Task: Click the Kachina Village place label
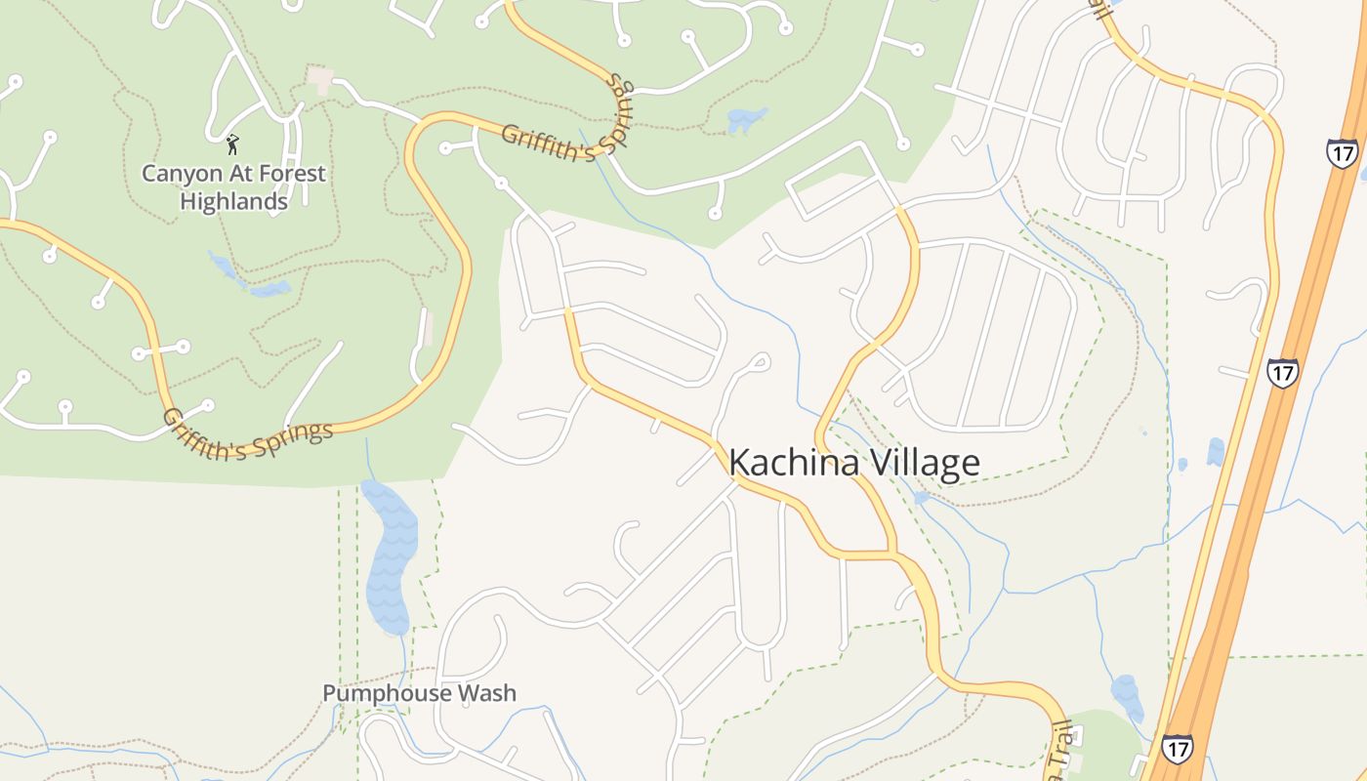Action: click(x=853, y=462)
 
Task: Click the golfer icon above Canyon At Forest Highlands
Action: click(x=232, y=144)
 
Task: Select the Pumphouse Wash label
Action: click(x=420, y=693)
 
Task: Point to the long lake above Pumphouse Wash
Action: click(x=391, y=556)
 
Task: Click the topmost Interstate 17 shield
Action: click(x=1341, y=153)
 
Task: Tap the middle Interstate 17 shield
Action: click(x=1282, y=372)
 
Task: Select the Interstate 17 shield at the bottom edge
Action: click(x=1177, y=749)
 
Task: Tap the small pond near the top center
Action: click(x=747, y=120)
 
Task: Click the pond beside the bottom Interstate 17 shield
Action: click(x=1128, y=694)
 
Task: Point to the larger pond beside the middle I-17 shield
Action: click(x=1215, y=451)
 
